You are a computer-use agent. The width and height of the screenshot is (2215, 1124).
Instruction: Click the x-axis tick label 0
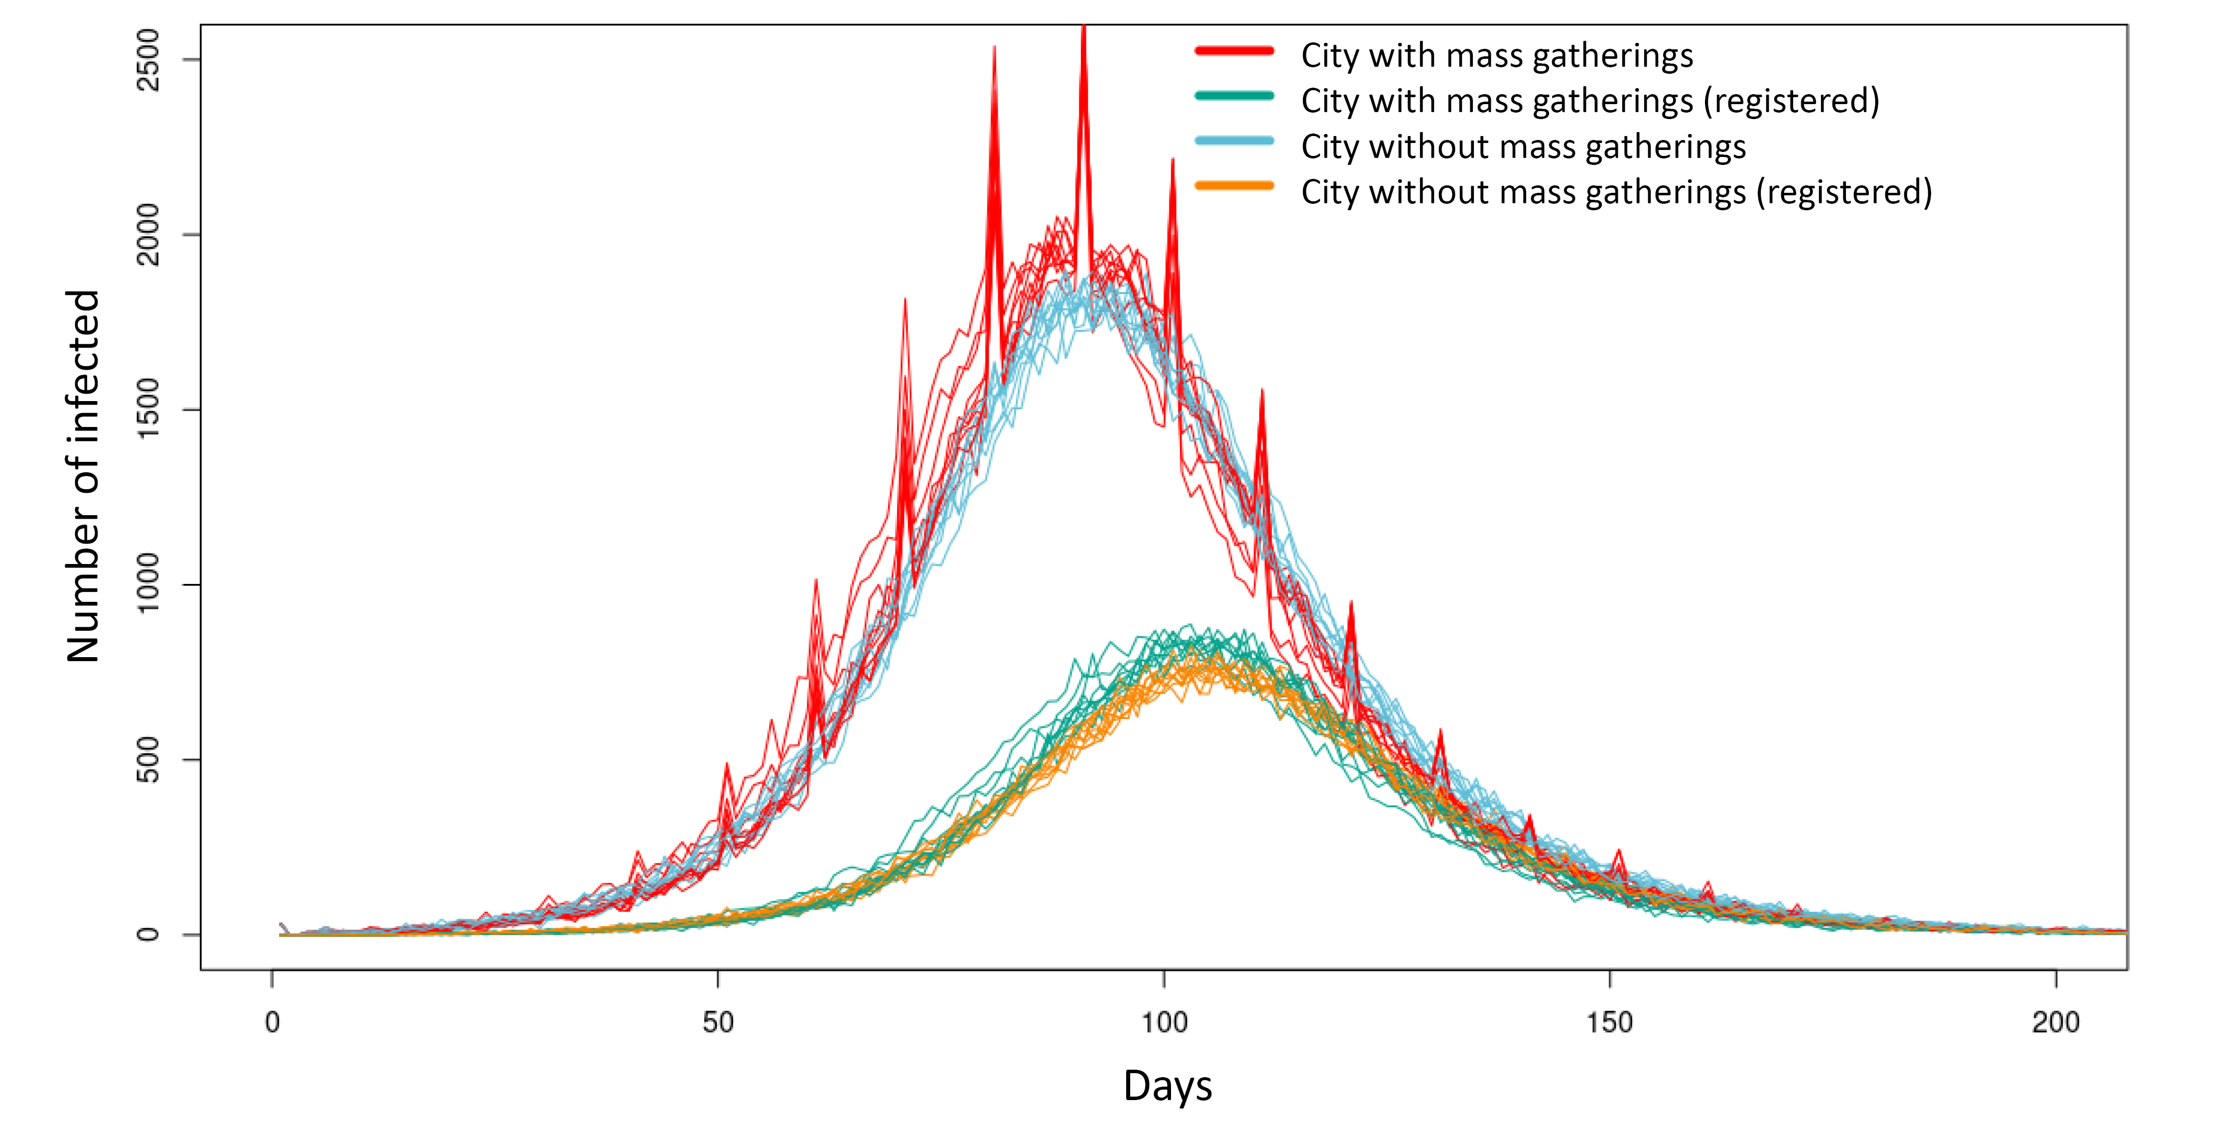[x=272, y=1022]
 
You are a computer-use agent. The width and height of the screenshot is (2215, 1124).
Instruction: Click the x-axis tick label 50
[x=718, y=1022]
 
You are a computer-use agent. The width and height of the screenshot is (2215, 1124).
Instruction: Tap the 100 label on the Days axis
[x=1164, y=1022]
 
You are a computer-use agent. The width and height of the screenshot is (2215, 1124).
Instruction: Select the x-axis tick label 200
[x=2055, y=1022]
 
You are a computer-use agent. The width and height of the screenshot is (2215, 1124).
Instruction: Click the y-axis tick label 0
[x=148, y=934]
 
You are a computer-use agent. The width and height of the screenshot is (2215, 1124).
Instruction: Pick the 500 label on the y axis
[x=148, y=759]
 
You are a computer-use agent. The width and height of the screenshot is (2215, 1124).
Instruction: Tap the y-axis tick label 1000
[x=148, y=584]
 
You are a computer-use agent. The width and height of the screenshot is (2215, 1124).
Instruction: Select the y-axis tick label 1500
[x=148, y=410]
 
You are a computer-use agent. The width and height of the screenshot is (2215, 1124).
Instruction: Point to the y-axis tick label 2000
[x=148, y=234]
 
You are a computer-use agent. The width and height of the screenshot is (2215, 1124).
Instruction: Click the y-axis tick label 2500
[x=148, y=59]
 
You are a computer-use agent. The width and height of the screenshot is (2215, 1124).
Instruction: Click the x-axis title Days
[x=1167, y=1085]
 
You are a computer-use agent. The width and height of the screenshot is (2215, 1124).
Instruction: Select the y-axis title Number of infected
[x=83, y=476]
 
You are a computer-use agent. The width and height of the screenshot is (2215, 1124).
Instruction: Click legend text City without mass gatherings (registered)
[x=1616, y=192]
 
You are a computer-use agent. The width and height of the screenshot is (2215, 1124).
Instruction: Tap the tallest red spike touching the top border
[x=1083, y=29]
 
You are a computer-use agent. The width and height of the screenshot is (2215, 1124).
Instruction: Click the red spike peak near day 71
[x=905, y=301]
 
